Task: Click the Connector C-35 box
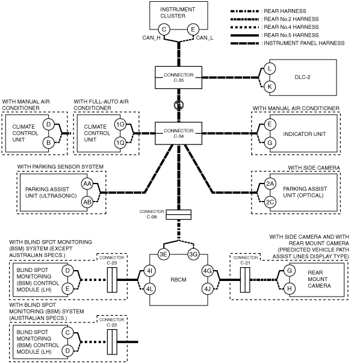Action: [178, 78]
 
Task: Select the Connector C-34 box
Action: [178, 133]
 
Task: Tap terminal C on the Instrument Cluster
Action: [164, 29]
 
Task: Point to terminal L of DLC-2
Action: [270, 69]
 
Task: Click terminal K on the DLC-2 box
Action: [270, 87]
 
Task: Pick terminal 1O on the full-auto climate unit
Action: [120, 125]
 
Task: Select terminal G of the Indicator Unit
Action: [270, 143]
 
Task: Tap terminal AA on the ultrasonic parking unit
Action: [87, 184]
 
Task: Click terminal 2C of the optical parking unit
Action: [270, 202]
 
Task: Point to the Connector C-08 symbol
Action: [179, 215]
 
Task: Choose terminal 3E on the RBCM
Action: [164, 254]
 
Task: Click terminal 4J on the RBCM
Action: [208, 289]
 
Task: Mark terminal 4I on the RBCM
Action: [149, 271]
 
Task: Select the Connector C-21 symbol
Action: [245, 280]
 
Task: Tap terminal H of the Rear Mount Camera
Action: [290, 289]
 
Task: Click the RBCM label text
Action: [178, 280]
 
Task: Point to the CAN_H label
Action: [152, 38]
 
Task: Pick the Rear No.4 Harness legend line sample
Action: [244, 27]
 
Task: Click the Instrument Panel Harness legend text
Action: [304, 43]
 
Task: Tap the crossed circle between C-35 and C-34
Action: [179, 105]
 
